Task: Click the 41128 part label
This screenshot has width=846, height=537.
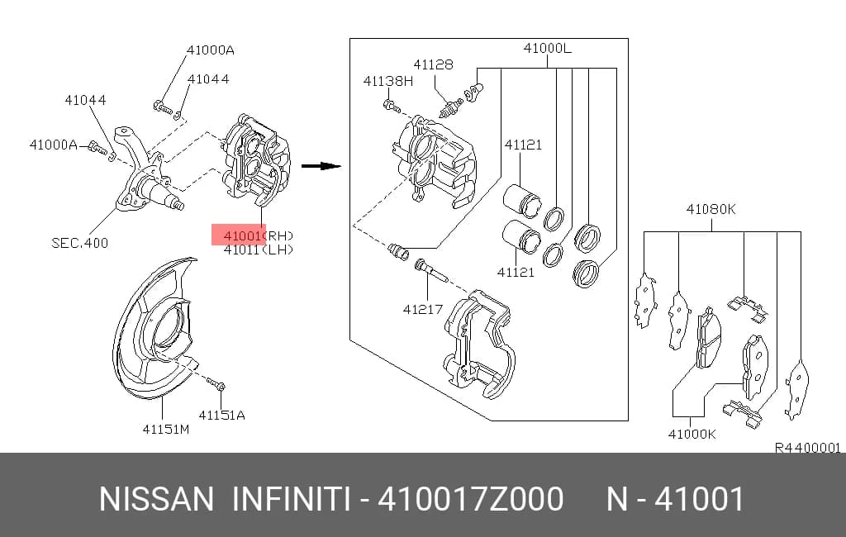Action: pyautogui.click(x=433, y=64)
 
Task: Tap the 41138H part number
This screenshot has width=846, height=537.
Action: pyautogui.click(x=388, y=82)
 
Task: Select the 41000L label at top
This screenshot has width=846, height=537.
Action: pyautogui.click(x=547, y=48)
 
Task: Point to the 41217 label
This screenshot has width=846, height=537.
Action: pyautogui.click(x=423, y=309)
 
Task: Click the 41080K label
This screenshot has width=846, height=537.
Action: pyautogui.click(x=711, y=209)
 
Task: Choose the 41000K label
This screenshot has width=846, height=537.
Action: pyautogui.click(x=692, y=434)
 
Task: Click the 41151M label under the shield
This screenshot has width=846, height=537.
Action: pyautogui.click(x=165, y=429)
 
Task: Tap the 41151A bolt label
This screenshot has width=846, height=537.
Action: pyautogui.click(x=221, y=415)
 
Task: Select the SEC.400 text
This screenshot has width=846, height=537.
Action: pyautogui.click(x=80, y=243)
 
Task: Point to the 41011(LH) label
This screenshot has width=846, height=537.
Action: pyautogui.click(x=259, y=249)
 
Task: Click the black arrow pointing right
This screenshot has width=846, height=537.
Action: pyautogui.click(x=321, y=166)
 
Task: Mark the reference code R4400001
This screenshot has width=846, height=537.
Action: pyautogui.click(x=808, y=448)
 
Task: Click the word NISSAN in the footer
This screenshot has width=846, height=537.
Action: pyautogui.click(x=156, y=499)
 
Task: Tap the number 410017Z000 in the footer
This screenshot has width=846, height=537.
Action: pyautogui.click(x=470, y=499)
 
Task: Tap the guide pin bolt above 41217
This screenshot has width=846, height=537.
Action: pyautogui.click(x=430, y=271)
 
